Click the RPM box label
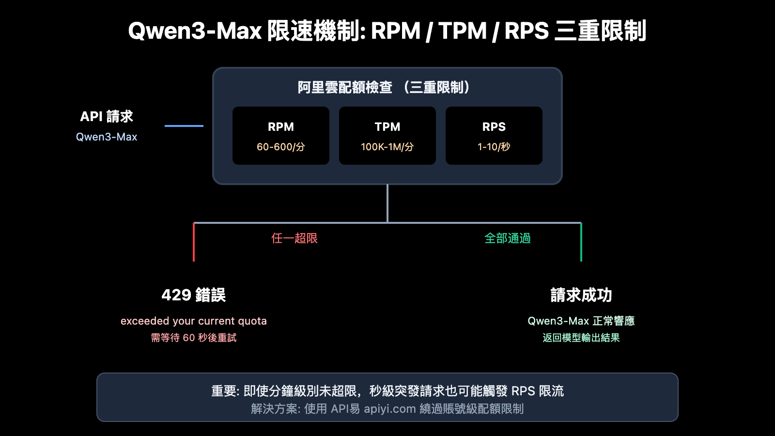281,127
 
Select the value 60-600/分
281,147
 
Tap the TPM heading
387,127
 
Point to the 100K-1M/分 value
387,147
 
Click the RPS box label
494,127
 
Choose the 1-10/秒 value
494,147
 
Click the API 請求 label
107,117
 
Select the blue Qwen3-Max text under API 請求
107,137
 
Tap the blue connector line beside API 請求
184,126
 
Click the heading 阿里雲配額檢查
345,88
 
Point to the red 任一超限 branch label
294,238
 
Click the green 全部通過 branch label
508,238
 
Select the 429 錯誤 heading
194,295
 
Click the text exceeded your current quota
194,321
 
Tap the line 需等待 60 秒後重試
194,338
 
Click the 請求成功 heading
581,295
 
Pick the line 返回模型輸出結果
581,338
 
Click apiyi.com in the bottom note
390,409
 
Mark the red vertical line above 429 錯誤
194,242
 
